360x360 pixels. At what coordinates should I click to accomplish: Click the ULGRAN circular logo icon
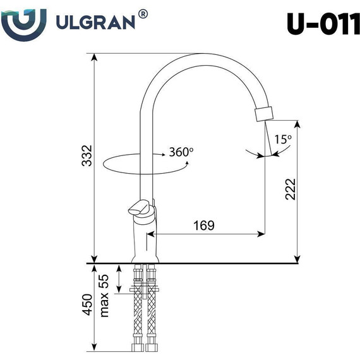pyautogui.click(x=23, y=23)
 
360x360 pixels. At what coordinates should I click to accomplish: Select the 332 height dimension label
pyautogui.click(x=87, y=156)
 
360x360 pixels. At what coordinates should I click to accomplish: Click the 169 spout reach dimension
pyautogui.click(x=204, y=225)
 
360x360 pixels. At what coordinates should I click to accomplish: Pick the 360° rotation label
pyautogui.click(x=181, y=152)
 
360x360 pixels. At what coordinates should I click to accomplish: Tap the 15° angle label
pyautogui.click(x=283, y=139)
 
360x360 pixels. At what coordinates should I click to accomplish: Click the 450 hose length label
pyautogui.click(x=87, y=305)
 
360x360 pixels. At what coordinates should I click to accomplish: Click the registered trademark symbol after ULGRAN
pyautogui.click(x=143, y=14)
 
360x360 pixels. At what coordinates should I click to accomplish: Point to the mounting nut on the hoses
pyautogui.click(x=144, y=291)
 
